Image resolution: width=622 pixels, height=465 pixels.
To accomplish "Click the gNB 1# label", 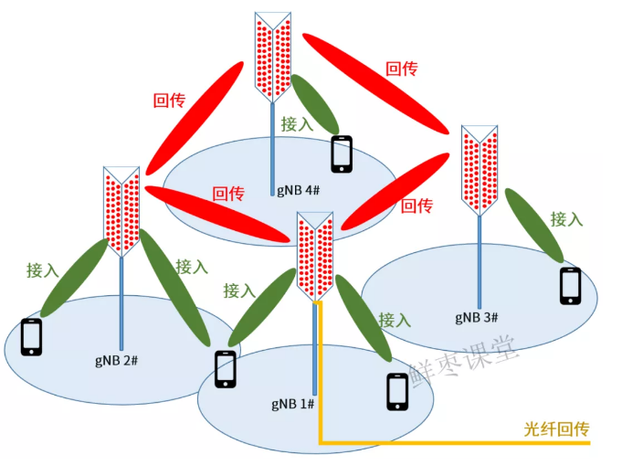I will click(292, 403).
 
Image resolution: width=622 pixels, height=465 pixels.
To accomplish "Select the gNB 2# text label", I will click(116, 359).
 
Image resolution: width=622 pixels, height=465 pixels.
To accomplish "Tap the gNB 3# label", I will click(476, 317).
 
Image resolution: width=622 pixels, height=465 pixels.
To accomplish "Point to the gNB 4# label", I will click(298, 189).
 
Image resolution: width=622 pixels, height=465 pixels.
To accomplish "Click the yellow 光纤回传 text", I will click(557, 427).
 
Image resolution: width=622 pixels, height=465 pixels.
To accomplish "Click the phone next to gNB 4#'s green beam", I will click(342, 153).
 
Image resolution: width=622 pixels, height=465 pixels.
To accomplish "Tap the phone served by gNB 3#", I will click(571, 286).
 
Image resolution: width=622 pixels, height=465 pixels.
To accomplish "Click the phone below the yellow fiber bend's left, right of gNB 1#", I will click(397, 392).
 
